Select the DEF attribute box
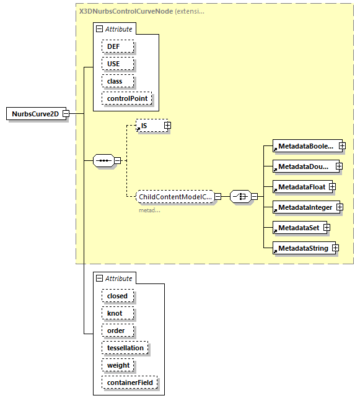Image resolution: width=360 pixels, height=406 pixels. (x=113, y=46)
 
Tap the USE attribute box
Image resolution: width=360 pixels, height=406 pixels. (x=113, y=64)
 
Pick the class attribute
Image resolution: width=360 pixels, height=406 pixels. (x=115, y=81)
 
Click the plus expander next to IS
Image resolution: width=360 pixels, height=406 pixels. (x=167, y=126)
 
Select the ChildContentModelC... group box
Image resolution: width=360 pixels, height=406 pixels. (x=175, y=197)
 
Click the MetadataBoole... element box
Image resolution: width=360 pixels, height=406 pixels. (x=305, y=147)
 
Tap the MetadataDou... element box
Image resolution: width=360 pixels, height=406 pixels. (x=304, y=166)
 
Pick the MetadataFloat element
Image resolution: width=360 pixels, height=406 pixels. (x=301, y=186)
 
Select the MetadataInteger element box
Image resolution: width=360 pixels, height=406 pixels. (x=304, y=207)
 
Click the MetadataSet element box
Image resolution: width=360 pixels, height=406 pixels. (x=298, y=228)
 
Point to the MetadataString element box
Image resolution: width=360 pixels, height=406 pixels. (x=302, y=248)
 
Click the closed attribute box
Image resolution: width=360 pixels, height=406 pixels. (x=117, y=296)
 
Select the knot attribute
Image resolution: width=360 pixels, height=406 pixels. (x=115, y=313)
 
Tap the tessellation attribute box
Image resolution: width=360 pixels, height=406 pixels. (x=125, y=348)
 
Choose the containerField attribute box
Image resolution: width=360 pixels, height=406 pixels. (x=130, y=382)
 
